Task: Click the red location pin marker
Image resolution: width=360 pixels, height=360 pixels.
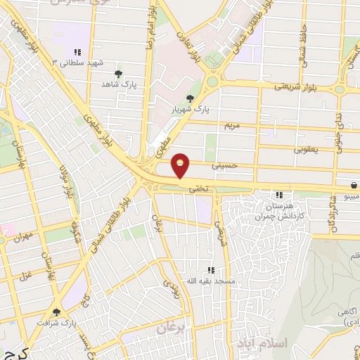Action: point(181,165)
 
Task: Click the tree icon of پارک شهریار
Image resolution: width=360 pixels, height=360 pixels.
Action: point(188,99)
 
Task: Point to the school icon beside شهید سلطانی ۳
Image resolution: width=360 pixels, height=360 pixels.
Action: point(77,52)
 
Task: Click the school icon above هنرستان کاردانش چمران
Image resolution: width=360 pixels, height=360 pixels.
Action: point(279,195)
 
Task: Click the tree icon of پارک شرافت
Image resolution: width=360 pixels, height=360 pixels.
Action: point(57,311)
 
